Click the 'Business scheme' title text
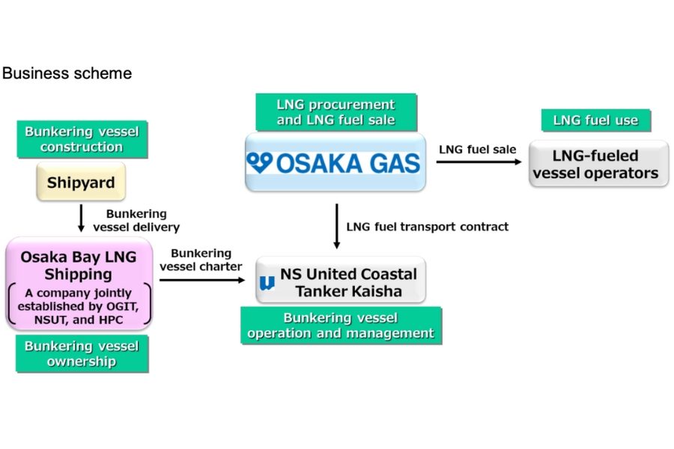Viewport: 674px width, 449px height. (x=67, y=73)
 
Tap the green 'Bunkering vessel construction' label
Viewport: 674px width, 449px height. (x=82, y=139)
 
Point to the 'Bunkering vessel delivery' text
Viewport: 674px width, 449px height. (x=136, y=220)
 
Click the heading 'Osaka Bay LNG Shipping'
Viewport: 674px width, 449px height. (x=79, y=265)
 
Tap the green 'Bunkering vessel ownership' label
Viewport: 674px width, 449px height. (x=82, y=353)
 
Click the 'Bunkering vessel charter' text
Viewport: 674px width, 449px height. (x=201, y=260)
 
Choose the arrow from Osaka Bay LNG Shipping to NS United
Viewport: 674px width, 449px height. (x=202, y=281)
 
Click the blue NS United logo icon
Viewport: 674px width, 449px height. (x=267, y=283)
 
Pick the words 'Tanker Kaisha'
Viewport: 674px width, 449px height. (x=348, y=290)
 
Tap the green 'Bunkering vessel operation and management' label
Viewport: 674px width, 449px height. (x=341, y=326)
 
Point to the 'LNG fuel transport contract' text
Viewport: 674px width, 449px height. (x=427, y=226)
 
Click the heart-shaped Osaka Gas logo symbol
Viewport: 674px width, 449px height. (x=261, y=162)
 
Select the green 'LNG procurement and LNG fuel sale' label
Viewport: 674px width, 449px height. (x=336, y=112)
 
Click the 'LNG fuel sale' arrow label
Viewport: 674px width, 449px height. (x=477, y=150)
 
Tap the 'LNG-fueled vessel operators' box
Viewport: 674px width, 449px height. (x=595, y=165)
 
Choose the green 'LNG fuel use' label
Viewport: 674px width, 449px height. (x=595, y=120)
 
